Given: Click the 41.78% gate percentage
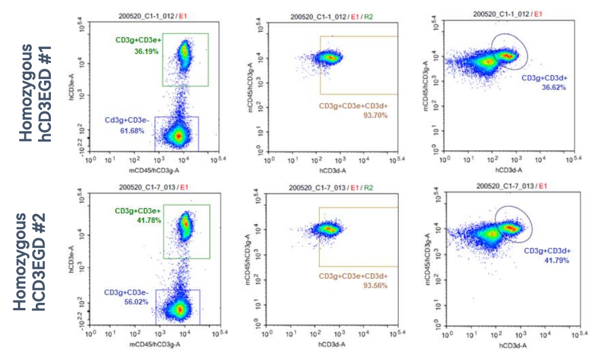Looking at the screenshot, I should [148, 220].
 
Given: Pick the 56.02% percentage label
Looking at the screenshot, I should [137, 302].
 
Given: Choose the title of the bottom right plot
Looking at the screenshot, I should [510, 186].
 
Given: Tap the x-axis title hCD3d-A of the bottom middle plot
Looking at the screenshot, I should [331, 343].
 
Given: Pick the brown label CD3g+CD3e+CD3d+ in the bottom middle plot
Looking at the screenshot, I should [353, 276].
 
